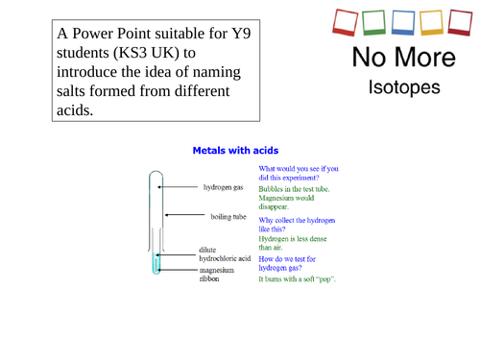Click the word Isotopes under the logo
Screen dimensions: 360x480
click(404, 88)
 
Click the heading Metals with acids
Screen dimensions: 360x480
click(235, 150)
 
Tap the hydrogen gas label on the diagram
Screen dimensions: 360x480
click(224, 188)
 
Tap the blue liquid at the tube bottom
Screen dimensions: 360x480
click(154, 263)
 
